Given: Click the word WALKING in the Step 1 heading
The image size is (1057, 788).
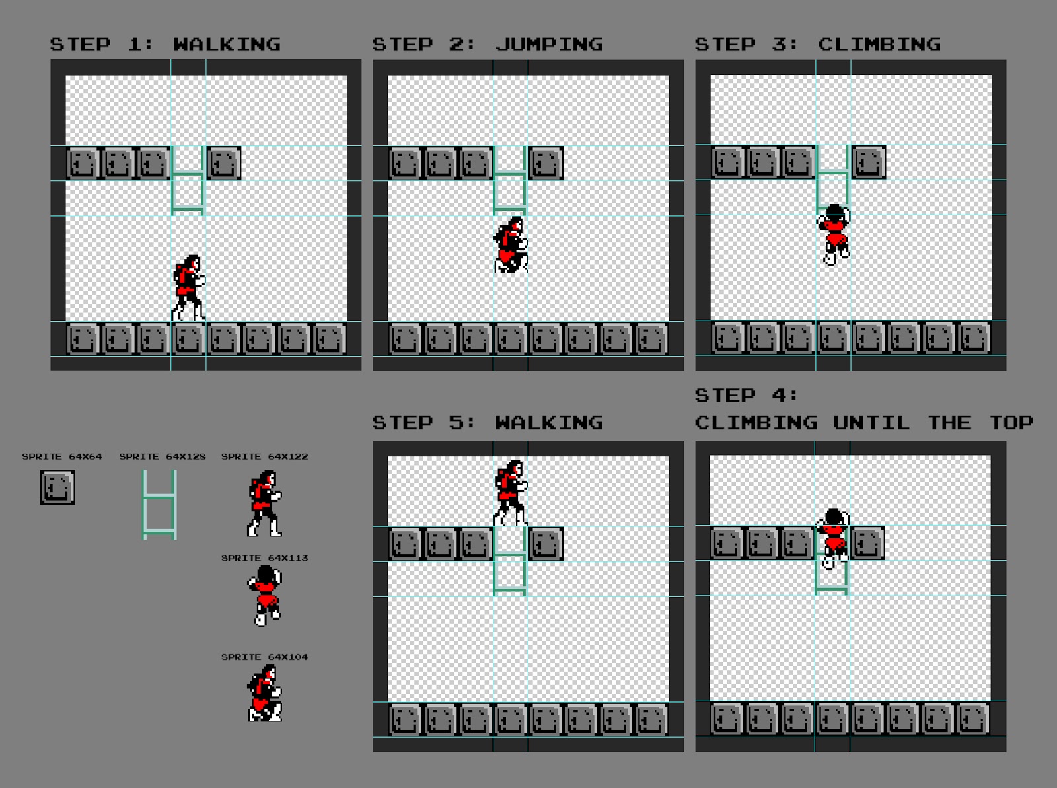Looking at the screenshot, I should (x=227, y=44).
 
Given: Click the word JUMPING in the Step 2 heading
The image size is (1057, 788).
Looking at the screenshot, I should (x=549, y=44).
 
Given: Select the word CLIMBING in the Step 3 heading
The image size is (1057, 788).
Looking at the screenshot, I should (x=879, y=44).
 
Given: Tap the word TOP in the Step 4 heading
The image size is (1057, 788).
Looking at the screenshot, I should (x=1011, y=423).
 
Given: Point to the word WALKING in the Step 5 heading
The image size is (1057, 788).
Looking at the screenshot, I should (x=549, y=423).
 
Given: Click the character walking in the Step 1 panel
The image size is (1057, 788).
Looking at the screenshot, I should (x=188, y=289).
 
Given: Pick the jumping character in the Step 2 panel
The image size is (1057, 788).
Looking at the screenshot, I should (x=511, y=245).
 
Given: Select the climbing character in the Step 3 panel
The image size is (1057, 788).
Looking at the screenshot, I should (x=834, y=234).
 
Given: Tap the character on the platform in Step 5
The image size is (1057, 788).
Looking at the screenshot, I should (x=511, y=493).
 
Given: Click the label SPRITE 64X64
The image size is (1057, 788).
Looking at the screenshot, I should (x=62, y=456).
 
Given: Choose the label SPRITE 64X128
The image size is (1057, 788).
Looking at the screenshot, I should (x=163, y=456).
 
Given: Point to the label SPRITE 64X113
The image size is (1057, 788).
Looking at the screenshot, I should (x=264, y=558).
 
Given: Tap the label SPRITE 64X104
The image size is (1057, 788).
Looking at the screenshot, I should (x=264, y=657).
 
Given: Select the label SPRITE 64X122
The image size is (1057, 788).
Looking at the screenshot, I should (x=264, y=456).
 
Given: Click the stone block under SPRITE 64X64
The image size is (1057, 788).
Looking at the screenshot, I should (x=57, y=487).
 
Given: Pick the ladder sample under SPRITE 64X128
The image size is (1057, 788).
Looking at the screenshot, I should (x=160, y=505).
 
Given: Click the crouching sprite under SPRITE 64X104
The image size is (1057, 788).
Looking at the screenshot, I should (x=265, y=693).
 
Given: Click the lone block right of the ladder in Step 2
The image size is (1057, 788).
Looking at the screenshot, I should (x=546, y=163).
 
